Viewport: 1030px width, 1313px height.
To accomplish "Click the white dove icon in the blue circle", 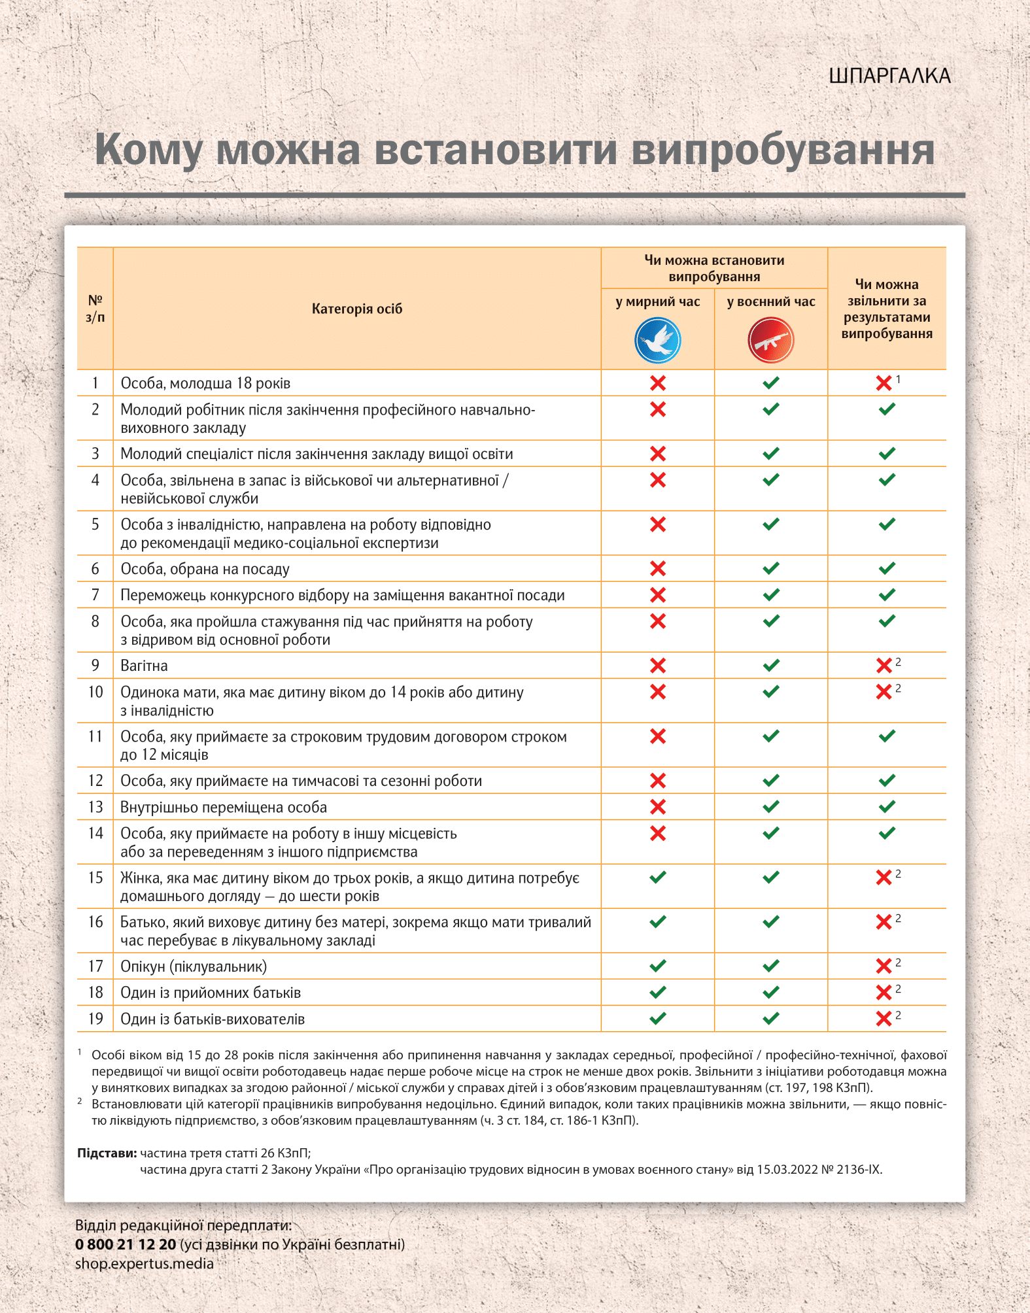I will (657, 340).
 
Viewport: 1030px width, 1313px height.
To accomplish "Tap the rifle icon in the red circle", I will (770, 340).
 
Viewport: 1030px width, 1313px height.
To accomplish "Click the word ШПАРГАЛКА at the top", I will (889, 76).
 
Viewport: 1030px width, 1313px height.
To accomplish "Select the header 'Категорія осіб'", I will (356, 309).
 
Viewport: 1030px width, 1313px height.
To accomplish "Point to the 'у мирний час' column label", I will (657, 301).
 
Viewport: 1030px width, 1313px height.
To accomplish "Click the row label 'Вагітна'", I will (144, 666).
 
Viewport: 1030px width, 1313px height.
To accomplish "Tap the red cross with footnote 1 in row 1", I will (884, 383).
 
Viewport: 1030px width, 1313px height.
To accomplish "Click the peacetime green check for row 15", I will (657, 877).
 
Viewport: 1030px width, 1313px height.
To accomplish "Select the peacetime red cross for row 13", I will (657, 807).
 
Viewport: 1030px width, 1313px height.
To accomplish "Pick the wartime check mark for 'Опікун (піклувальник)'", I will (771, 966).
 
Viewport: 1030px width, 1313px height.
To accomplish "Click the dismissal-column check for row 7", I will (887, 595).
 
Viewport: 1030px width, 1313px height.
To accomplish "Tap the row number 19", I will (95, 1019).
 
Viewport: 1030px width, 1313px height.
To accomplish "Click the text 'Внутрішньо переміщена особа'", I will (223, 808).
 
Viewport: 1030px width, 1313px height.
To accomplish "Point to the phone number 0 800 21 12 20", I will (126, 1244).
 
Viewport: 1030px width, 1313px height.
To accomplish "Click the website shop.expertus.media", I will (144, 1263).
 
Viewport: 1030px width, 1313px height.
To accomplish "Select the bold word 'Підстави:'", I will (107, 1153).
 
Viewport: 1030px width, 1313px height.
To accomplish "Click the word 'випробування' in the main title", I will (782, 150).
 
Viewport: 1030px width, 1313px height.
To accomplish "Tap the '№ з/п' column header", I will (95, 309).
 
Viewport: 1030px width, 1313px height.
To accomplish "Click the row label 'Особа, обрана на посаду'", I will (205, 569).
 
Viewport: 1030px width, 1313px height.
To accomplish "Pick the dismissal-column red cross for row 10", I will (884, 692).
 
